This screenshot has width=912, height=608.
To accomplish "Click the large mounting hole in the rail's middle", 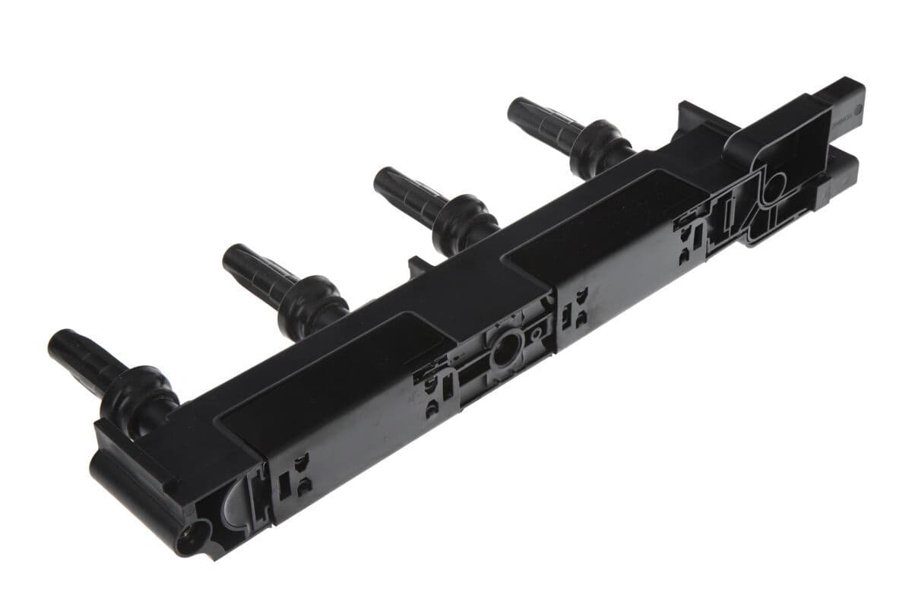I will pos(504,352).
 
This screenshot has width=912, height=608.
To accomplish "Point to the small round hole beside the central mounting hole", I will pos(537,332).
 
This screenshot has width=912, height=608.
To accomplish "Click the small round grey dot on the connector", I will pos(857,109).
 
